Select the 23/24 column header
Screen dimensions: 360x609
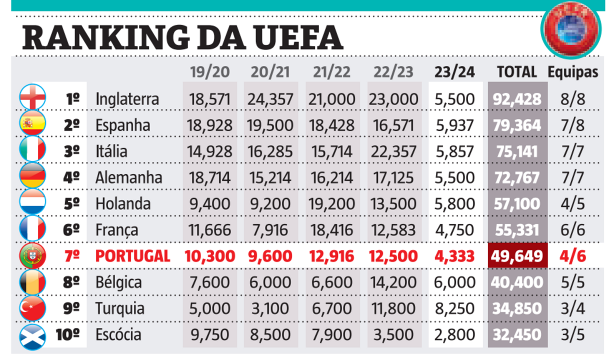pos(454,72)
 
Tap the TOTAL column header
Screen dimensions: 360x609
pos(516,72)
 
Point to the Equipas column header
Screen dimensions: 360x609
pos(572,72)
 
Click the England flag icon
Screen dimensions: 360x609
pos(33,97)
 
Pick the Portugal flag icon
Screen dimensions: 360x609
pos(33,256)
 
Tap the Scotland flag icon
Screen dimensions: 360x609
pos(33,335)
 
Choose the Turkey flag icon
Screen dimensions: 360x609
pos(33,308)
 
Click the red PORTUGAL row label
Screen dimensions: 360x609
pos(132,256)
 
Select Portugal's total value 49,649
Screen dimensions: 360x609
pos(517,256)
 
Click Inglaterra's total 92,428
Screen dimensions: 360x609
pos(517,98)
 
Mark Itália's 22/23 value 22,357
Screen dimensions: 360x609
pos(392,151)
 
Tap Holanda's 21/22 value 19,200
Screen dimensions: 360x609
pos(332,204)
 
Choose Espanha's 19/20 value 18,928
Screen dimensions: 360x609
pos(209,125)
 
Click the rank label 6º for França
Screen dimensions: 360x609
pos(72,230)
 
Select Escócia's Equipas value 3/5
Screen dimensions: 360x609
pos(572,335)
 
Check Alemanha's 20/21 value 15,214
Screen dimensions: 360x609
pos(270,177)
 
